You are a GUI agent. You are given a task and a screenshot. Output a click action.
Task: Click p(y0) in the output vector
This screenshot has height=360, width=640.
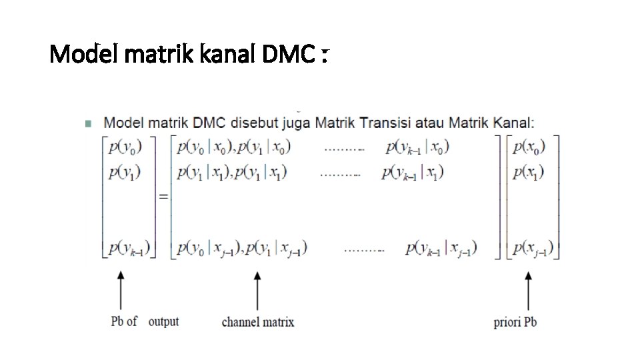125,147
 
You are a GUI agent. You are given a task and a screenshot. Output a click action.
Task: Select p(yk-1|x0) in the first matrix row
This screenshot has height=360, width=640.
417,147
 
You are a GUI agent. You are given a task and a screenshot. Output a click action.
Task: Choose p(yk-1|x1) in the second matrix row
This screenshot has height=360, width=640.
413,173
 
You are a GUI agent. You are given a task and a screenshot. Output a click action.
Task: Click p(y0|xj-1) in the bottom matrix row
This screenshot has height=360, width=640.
209,249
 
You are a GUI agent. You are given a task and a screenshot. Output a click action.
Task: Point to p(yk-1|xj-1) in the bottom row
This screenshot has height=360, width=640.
441,249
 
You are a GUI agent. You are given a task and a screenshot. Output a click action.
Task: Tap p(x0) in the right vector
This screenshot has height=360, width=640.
529,147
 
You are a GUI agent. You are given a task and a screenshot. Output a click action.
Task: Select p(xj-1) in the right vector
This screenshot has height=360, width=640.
533,249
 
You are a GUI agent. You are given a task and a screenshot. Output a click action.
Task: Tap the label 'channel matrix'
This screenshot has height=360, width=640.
258,322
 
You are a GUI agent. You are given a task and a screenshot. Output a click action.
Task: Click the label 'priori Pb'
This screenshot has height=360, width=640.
515,322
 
